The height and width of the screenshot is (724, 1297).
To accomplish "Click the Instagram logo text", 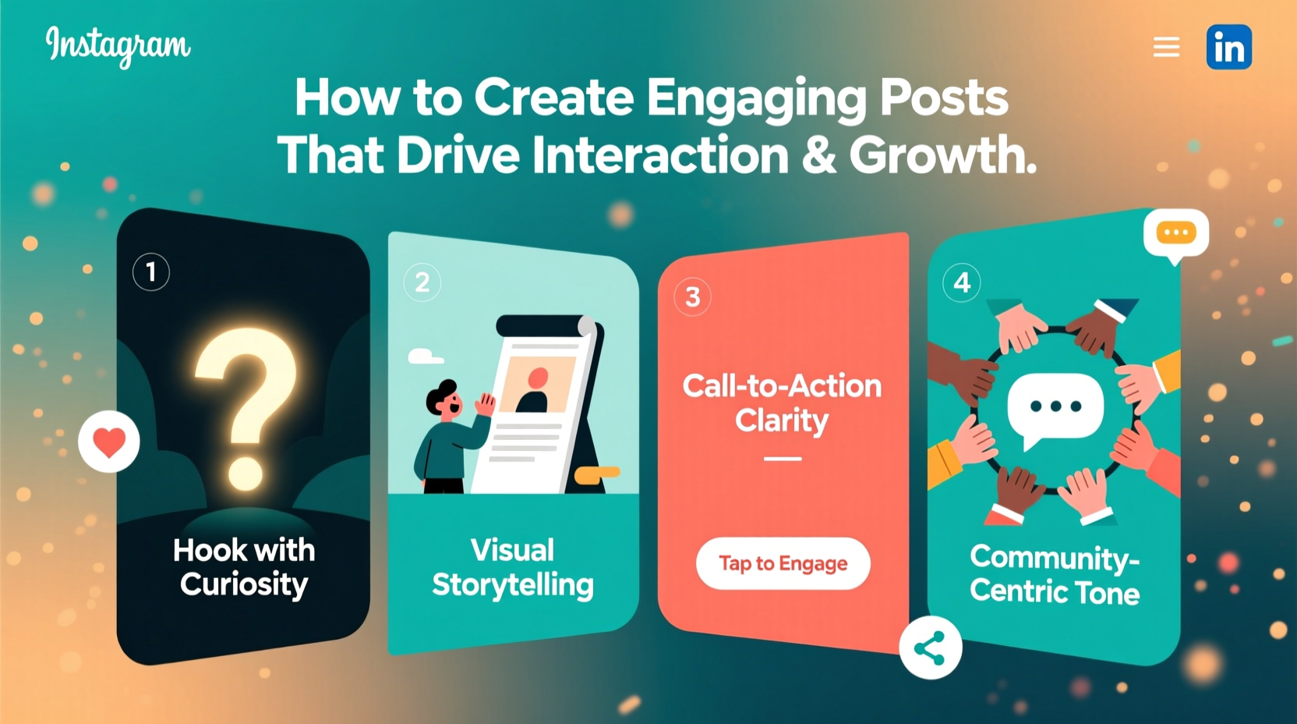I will tap(118, 45).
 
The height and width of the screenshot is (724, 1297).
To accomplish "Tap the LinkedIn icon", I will tap(1228, 48).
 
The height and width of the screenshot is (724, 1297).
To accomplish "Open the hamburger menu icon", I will tap(1166, 48).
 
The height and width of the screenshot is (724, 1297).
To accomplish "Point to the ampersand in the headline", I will tap(818, 154).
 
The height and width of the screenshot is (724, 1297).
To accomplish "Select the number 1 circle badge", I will tap(151, 272).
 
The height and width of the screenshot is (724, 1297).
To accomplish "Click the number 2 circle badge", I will tap(422, 282).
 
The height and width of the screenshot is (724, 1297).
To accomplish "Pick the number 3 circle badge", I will tap(692, 297).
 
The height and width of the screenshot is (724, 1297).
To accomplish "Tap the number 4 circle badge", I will tap(962, 282).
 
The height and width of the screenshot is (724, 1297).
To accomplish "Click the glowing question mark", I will tap(246, 406).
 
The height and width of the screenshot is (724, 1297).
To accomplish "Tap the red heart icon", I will tap(109, 442).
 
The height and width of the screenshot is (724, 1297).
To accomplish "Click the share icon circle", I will tap(930, 648).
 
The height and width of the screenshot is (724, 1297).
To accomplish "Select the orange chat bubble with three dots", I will tap(1175, 233).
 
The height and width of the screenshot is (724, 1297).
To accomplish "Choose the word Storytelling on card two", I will tap(513, 585).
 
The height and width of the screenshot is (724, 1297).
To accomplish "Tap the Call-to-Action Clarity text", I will tap(782, 403).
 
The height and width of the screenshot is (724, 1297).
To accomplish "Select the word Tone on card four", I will tap(1108, 593).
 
